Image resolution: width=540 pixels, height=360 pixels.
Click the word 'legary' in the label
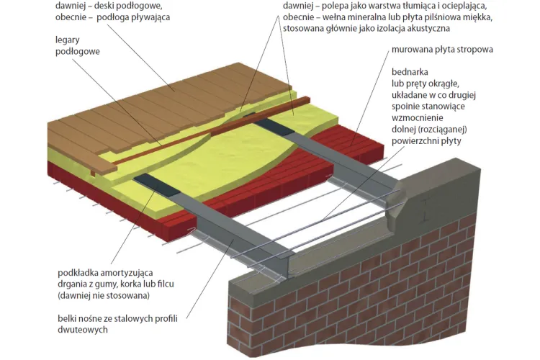[x=67, y=40]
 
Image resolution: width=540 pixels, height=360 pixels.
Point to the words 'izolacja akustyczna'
[x=409, y=29]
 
